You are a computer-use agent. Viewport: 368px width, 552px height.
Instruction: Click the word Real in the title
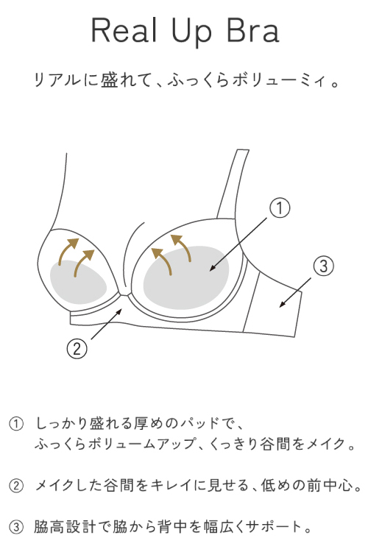tap(124, 30)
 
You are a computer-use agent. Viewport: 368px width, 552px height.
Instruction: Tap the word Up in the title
tap(192, 32)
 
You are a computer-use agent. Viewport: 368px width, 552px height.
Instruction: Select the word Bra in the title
tap(253, 30)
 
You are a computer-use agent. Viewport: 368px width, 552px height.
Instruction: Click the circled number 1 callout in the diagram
tap(280, 208)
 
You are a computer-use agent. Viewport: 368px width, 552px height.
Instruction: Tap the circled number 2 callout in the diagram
tap(77, 349)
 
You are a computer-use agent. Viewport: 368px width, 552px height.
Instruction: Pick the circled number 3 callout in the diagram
tap(323, 266)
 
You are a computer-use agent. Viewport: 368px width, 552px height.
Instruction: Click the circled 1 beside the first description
tap(16, 423)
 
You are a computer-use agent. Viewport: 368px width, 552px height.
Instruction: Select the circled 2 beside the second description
tap(16, 486)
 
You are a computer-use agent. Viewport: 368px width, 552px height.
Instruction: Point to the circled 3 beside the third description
tap(16, 527)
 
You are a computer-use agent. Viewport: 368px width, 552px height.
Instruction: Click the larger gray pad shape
tap(186, 277)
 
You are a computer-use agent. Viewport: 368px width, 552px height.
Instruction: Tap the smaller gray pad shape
tap(78, 283)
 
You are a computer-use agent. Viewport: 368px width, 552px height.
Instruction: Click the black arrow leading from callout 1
tap(238, 244)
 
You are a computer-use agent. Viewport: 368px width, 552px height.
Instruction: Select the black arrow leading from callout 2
tap(107, 324)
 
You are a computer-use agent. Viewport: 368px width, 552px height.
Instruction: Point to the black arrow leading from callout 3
tap(295, 292)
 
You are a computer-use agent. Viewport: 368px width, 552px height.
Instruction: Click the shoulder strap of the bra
tap(233, 184)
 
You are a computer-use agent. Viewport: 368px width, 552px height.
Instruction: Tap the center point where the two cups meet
tap(124, 294)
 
